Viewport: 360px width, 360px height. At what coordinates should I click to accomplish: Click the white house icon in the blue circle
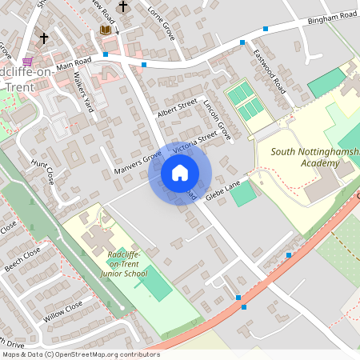[180, 172]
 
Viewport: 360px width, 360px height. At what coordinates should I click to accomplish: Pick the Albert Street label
[177, 107]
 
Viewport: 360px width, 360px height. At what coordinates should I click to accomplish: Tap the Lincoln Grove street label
[217, 121]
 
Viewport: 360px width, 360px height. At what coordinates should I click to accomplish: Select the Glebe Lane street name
[222, 186]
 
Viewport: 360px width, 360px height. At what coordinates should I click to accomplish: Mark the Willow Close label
[63, 311]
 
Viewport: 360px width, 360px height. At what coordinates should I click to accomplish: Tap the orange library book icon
[106, 30]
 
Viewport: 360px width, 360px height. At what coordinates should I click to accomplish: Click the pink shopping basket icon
[28, 61]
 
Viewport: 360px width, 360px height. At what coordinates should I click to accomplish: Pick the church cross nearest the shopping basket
[44, 37]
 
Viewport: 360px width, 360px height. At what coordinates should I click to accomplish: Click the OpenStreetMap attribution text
[80, 354]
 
